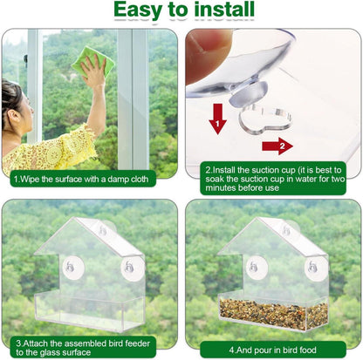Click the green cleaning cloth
click(92, 62)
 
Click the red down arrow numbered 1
click(217, 119)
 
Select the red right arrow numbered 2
click(277, 146)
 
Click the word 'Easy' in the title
click(139, 10)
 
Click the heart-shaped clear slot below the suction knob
click(264, 120)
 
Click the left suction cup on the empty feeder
click(73, 268)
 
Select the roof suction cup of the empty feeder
click(106, 228)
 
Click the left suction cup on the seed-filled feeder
click(257, 267)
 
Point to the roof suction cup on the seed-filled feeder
click(290, 228)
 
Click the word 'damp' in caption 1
click(118, 180)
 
